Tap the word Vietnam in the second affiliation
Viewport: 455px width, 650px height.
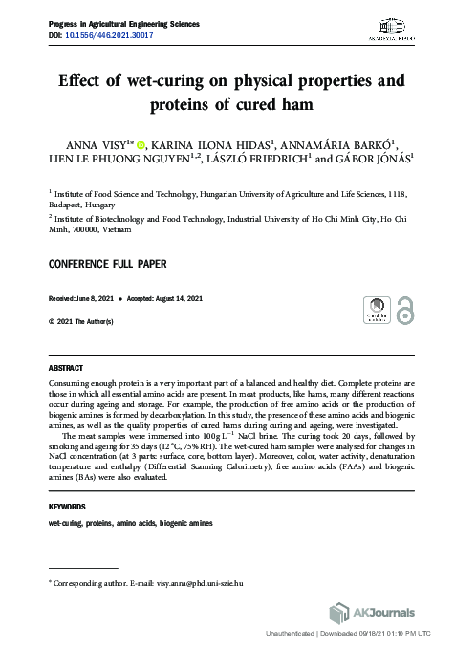tap(113, 229)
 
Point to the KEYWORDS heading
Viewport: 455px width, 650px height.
tap(67, 506)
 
